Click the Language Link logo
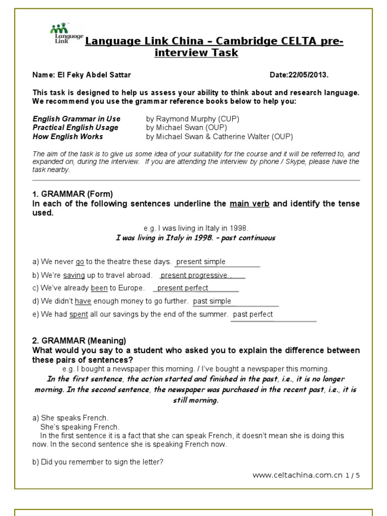(x=66, y=34)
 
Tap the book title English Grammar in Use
(x=77, y=119)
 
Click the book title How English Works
(x=68, y=137)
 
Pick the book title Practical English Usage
(x=76, y=127)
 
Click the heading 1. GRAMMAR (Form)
(x=73, y=194)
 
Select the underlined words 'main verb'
(x=249, y=204)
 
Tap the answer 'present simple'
(x=201, y=262)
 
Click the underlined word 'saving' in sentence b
(x=74, y=275)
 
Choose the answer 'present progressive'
(x=194, y=275)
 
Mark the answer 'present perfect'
(x=182, y=288)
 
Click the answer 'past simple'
(x=212, y=301)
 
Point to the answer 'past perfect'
(x=253, y=314)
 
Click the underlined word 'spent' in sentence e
(x=79, y=314)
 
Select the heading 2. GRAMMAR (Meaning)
(x=79, y=341)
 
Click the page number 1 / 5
(x=353, y=475)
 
